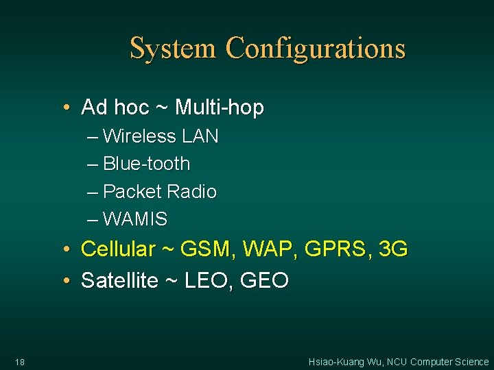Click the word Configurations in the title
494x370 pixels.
pyautogui.click(x=316, y=49)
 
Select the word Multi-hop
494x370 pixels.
pyautogui.click(x=220, y=108)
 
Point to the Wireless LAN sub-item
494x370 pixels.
pyautogui.click(x=160, y=136)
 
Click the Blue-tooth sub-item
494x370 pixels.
pyautogui.click(x=146, y=164)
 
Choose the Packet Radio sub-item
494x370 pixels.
pyautogui.click(x=159, y=192)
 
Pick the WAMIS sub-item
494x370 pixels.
pyautogui.click(x=134, y=219)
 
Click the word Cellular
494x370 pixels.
pyautogui.click(x=118, y=249)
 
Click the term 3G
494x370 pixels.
pyautogui.click(x=392, y=249)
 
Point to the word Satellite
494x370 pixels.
pyautogui.click(x=119, y=280)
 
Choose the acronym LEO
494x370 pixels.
pyautogui.click(x=205, y=280)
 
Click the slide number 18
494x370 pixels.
pyautogui.click(x=19, y=362)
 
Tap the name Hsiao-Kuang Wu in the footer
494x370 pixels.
pyautogui.click(x=345, y=362)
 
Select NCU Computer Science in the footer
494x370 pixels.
pyautogui.click(x=439, y=362)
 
